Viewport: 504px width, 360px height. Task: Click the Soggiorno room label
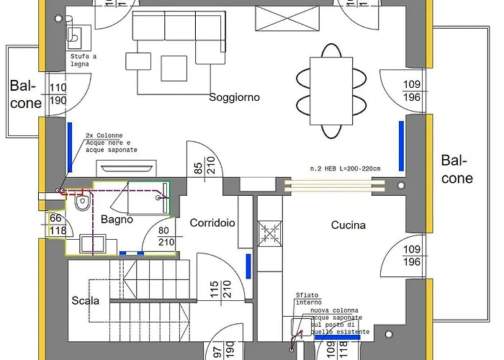tap(234, 96)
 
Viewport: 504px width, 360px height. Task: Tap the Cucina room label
tap(348, 225)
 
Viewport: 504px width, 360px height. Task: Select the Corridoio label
tap(212, 223)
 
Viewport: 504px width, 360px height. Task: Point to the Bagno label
tap(117, 219)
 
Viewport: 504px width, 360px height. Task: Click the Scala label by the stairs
tap(86, 300)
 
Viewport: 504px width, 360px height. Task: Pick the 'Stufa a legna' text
tap(84, 60)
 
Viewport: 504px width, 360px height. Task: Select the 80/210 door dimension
tap(166, 237)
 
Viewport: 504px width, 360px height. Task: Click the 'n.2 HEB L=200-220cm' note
tap(345, 168)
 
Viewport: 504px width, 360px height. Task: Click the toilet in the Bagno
tap(81, 204)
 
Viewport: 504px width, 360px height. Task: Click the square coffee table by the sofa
tap(174, 68)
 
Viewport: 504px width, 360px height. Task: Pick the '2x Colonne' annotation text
tap(104, 135)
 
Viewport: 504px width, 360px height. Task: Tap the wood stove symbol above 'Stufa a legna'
tap(74, 35)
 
